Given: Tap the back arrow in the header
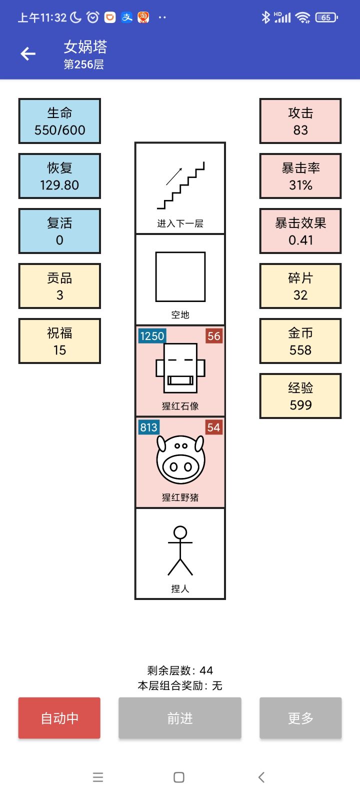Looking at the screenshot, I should (x=28, y=54).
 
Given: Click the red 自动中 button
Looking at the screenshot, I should (x=59, y=718).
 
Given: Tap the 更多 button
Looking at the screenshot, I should (x=300, y=718).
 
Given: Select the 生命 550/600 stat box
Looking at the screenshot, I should (x=59, y=121).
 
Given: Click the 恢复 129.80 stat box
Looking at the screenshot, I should (x=59, y=176).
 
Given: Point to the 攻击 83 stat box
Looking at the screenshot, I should (x=300, y=121).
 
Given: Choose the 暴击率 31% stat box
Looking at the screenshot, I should (x=300, y=176).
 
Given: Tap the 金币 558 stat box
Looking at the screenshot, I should (x=300, y=341).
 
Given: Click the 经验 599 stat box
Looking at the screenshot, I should (x=300, y=396).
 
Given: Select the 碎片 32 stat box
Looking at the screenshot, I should (x=300, y=286).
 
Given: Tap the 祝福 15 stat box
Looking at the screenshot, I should (x=59, y=341).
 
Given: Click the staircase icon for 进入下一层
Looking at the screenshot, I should (x=180, y=185).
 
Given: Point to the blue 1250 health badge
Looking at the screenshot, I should (x=152, y=336).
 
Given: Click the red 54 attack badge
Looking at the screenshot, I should (x=213, y=427).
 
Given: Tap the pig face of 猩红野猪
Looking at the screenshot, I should (x=180, y=460).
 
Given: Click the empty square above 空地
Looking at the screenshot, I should (x=180, y=276).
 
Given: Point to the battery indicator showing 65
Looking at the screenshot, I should (x=326, y=17).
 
